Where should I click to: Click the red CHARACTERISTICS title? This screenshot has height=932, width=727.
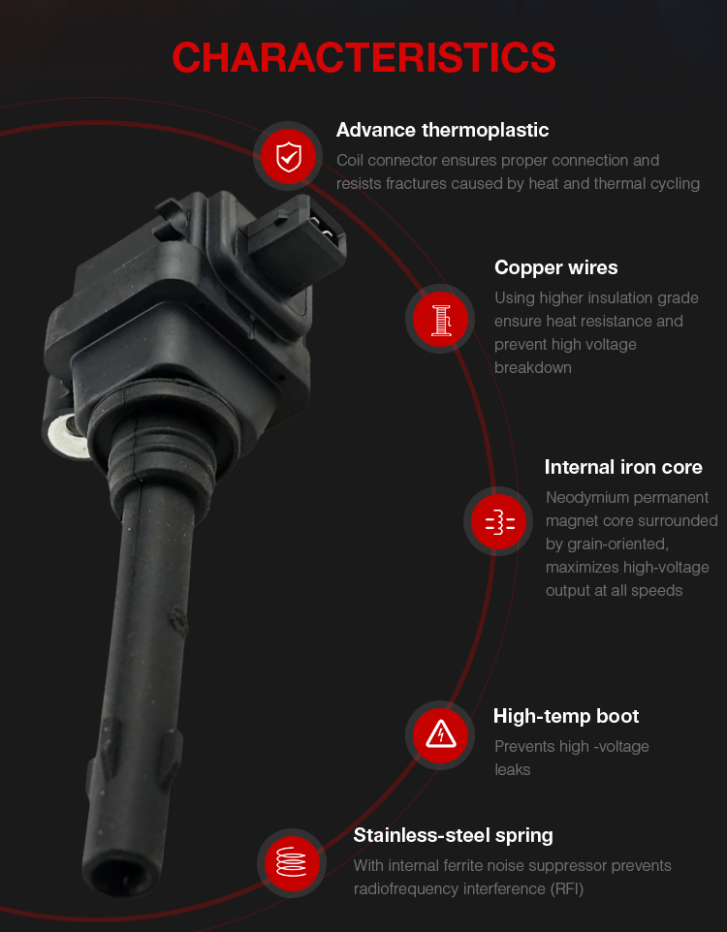[x=363, y=58]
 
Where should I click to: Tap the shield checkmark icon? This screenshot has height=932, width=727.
[x=289, y=156]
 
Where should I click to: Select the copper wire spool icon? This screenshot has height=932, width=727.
[x=440, y=319]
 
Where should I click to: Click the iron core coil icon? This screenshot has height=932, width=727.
[x=498, y=522]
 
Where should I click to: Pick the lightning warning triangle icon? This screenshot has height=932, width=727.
[x=440, y=735]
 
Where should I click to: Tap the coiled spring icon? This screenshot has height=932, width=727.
[x=292, y=863]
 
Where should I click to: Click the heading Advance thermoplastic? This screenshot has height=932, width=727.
[x=443, y=130]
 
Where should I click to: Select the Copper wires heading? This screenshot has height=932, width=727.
[x=556, y=267]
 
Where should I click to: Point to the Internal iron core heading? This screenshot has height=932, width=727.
[x=623, y=467]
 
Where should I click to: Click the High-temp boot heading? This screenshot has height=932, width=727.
[x=566, y=716]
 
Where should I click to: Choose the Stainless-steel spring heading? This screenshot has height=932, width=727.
[x=454, y=836]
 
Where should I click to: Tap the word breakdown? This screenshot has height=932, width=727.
[x=533, y=368]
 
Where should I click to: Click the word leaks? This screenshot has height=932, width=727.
[x=513, y=770]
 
